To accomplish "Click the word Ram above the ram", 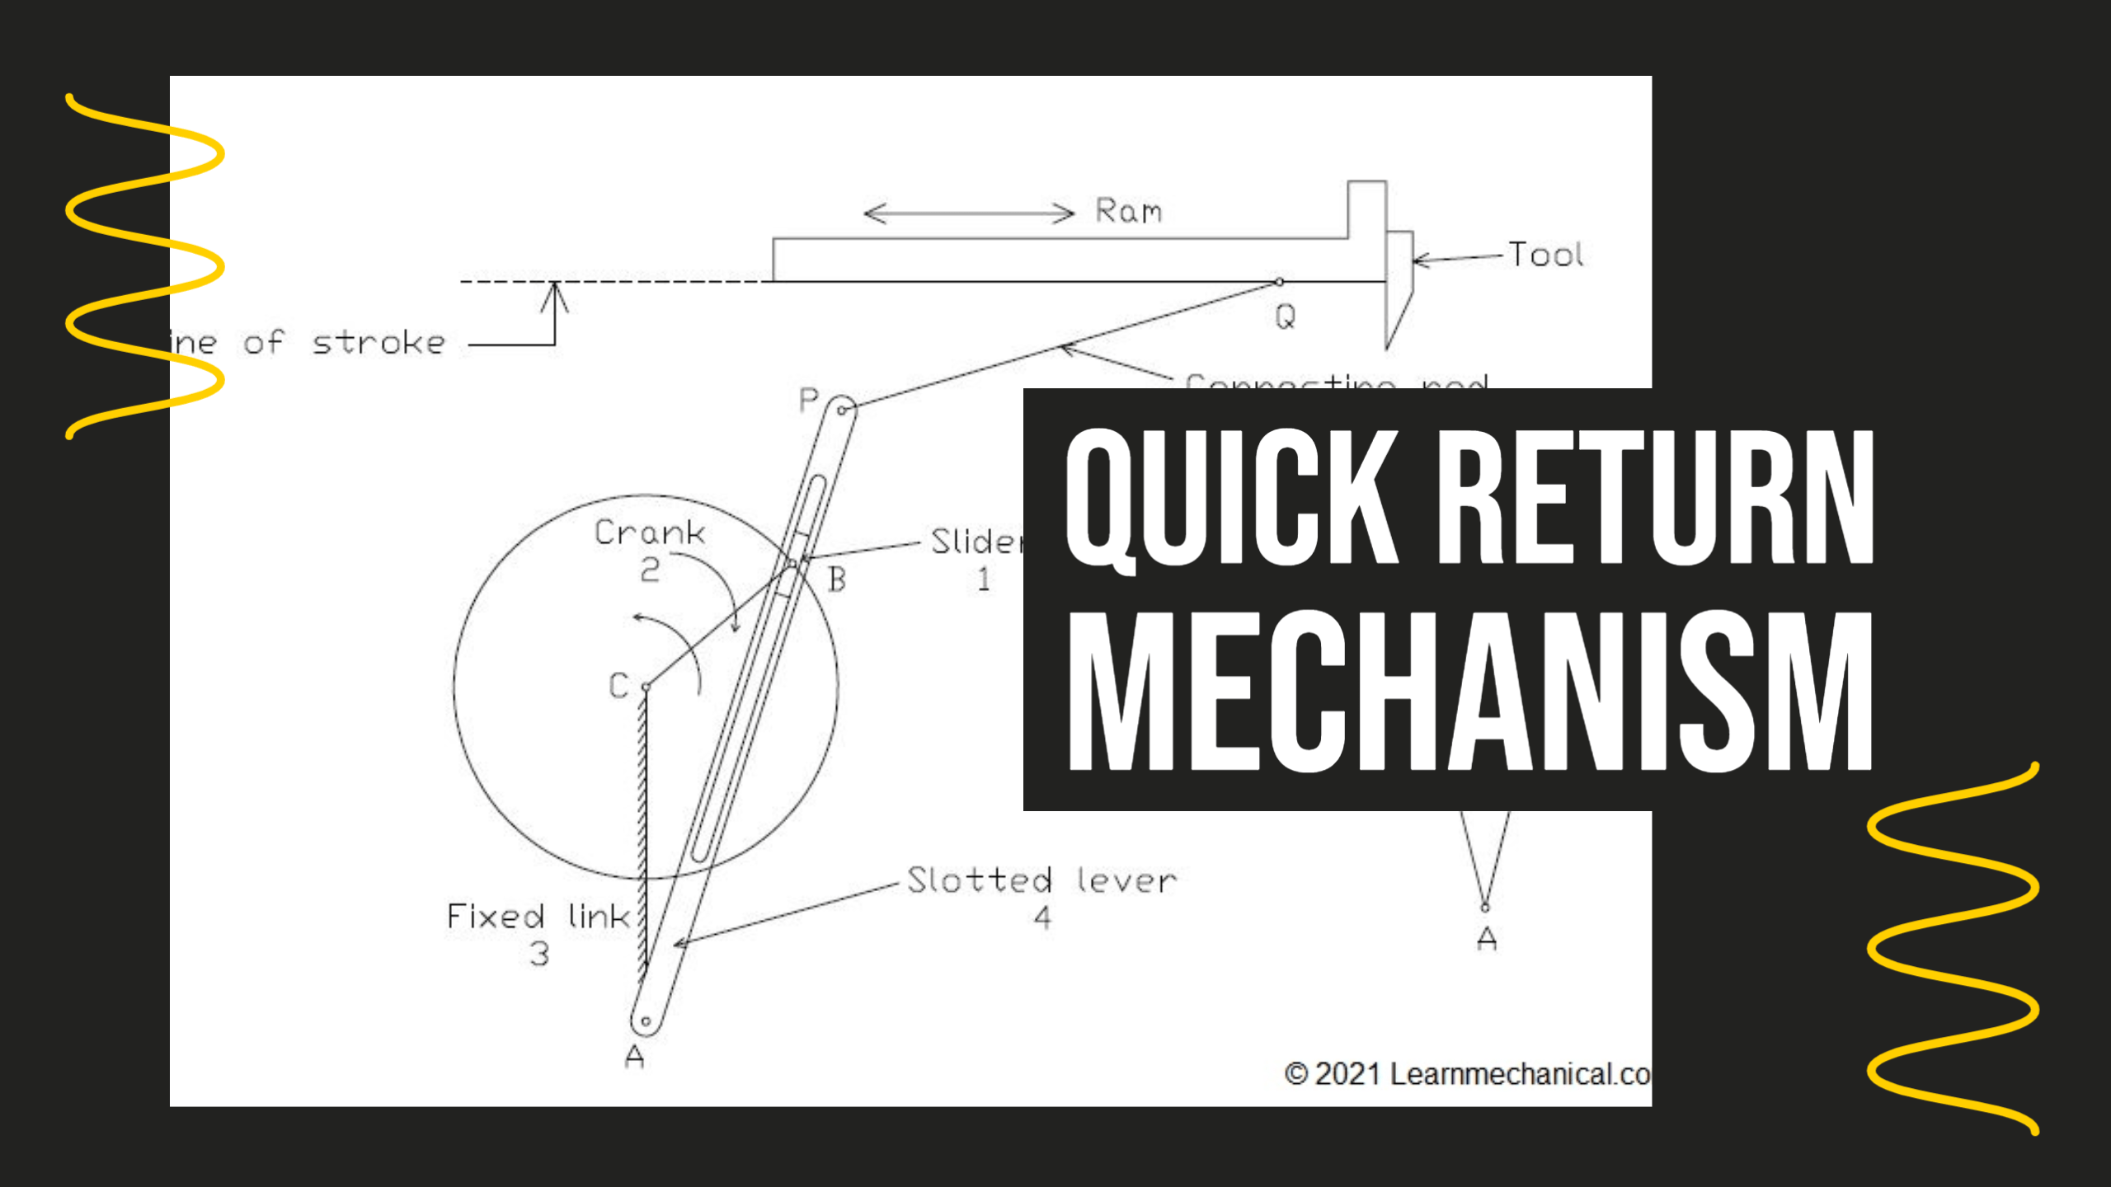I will (x=1128, y=211).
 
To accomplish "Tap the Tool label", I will (x=1546, y=255).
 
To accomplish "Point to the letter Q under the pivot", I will (x=1286, y=317).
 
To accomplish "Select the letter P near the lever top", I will (x=808, y=401).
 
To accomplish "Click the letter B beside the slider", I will (x=837, y=579).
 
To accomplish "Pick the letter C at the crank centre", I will (x=618, y=686).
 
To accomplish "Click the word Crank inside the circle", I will (x=650, y=533).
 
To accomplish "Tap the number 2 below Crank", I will (x=650, y=570).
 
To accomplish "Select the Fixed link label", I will (x=538, y=917).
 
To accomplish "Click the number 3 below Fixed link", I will (x=539, y=954).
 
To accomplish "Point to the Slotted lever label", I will (x=1042, y=880).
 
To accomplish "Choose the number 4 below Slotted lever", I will (x=1043, y=917).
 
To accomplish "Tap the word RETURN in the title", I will (x=1657, y=499).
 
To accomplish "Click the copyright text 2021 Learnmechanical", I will (x=1468, y=1074).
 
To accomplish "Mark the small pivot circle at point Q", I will (x=1279, y=282).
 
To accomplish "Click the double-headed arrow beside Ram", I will (x=969, y=213).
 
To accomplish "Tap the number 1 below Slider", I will (x=983, y=579).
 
